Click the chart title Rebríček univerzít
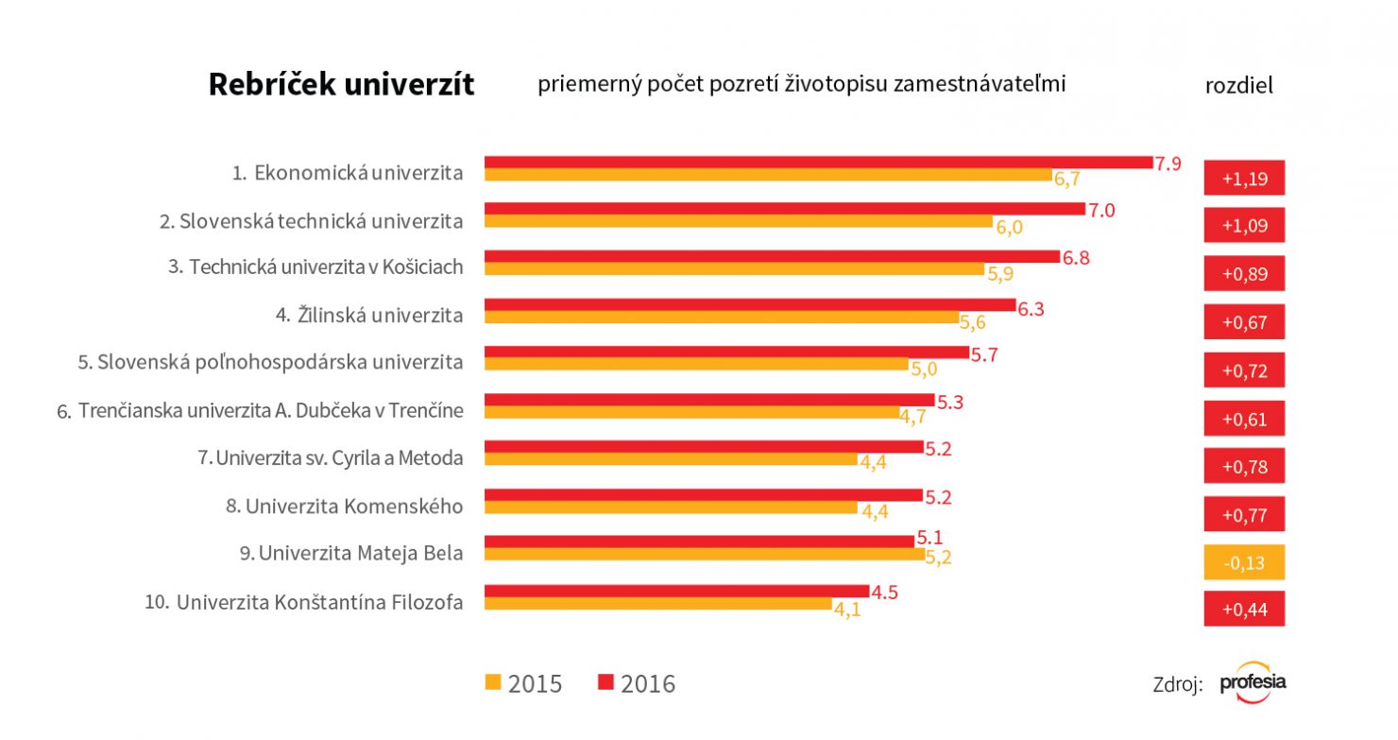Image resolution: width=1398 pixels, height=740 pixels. click(x=341, y=85)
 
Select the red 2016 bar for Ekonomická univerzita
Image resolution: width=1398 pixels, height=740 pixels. click(x=818, y=163)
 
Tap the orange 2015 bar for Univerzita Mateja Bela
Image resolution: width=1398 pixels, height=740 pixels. click(x=704, y=555)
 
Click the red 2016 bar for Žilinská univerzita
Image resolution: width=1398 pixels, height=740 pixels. click(x=749, y=305)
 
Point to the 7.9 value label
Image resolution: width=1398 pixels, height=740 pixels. click(x=1168, y=163)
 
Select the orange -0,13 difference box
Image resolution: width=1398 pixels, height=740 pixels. click(x=1244, y=563)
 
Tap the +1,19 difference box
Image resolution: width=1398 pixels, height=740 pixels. click(x=1244, y=178)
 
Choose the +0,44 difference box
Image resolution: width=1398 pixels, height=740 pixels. click(x=1244, y=611)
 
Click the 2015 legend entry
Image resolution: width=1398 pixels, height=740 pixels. click(x=523, y=683)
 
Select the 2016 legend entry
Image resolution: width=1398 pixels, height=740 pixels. click(x=637, y=683)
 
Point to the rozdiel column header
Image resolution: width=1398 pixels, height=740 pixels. click(x=1239, y=85)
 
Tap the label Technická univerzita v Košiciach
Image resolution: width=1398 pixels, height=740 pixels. click(x=315, y=267)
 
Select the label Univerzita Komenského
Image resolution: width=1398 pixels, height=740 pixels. click(x=345, y=507)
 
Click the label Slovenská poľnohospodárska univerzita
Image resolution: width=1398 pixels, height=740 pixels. click(x=270, y=362)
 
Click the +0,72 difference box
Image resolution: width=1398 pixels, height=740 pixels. click(x=1244, y=370)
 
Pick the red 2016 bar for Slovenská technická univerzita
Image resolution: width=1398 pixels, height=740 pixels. click(x=784, y=209)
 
